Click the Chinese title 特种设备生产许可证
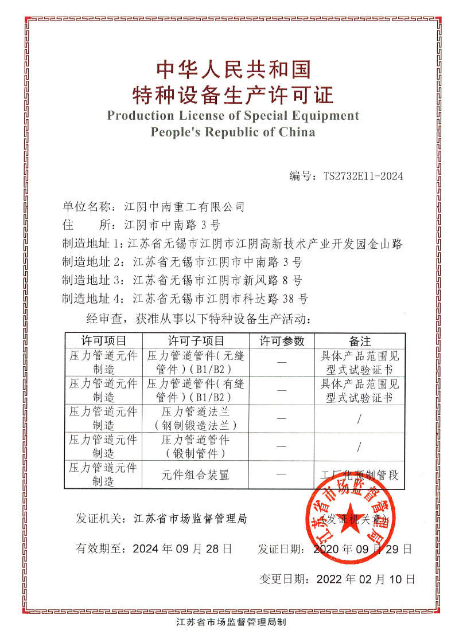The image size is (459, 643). pyautogui.click(x=232, y=92)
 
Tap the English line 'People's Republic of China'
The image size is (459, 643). pyautogui.click(x=232, y=132)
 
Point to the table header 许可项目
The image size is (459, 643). pyautogui.click(x=103, y=341)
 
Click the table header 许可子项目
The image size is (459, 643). pyautogui.click(x=196, y=341)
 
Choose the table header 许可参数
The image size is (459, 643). pyautogui.click(x=282, y=341)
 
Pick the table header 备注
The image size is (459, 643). pyautogui.click(x=360, y=341)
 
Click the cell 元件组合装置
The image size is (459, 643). pyautogui.click(x=196, y=475)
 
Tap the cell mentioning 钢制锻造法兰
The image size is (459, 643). pyautogui.click(x=196, y=425)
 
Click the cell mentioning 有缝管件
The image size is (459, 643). pyautogui.click(x=196, y=390)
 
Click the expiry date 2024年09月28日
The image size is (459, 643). pyautogui.click(x=182, y=548)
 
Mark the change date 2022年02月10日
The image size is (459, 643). pyautogui.click(x=365, y=579)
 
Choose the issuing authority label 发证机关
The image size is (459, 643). pyautogui.click(x=99, y=519)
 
